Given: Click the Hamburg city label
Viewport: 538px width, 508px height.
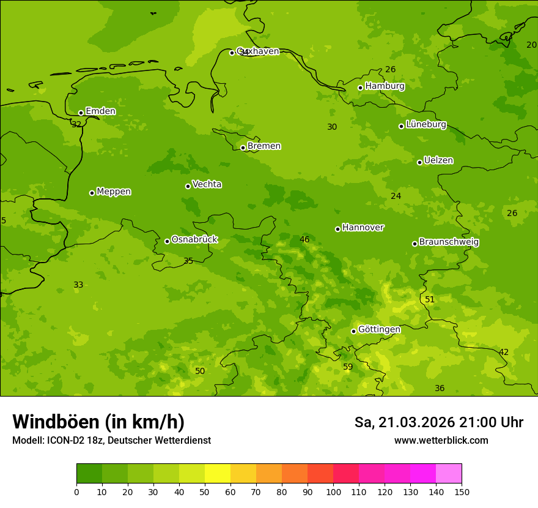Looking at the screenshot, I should pos(385,86).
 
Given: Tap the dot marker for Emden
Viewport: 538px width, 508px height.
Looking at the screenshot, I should pos(81,113).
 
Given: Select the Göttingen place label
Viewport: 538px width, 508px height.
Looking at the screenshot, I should pos(379,329).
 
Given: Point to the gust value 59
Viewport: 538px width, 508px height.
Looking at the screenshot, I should pos(348,367).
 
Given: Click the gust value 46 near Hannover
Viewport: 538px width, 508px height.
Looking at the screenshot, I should pos(304,239).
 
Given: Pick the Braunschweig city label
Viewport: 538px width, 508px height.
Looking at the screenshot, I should pos(449,242).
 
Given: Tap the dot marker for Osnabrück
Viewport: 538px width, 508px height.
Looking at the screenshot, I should pos(167,241).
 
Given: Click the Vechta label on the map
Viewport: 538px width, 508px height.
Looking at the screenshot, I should pos(207,184).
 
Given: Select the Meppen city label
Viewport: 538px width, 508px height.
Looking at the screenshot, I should pos(114,192).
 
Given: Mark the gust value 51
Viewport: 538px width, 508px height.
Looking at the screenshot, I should pos(430,299).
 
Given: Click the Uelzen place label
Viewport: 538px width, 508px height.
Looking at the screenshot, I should pos(438,160).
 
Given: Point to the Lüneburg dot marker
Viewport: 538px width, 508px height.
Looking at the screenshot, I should pos(401,126).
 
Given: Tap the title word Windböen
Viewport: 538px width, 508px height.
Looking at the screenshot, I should pos(56,422).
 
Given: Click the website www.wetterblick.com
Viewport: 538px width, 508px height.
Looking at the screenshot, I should pos(441,440).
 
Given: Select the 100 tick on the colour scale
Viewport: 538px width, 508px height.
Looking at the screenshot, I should pos(333,491).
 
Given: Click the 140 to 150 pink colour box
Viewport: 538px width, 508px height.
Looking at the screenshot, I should pos(449,474).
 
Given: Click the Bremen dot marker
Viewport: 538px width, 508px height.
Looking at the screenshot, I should pos(243,148).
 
